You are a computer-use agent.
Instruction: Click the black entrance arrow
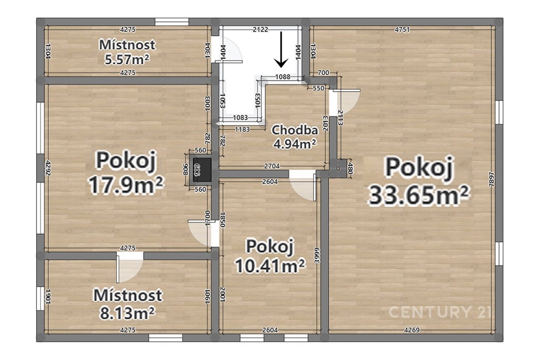(282, 49)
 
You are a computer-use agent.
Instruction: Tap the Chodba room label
(294, 130)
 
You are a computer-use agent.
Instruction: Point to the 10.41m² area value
(270, 265)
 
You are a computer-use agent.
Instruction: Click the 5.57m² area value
(127, 59)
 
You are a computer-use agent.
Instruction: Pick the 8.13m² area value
(128, 313)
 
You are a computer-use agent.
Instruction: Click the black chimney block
(202, 169)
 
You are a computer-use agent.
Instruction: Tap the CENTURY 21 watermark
(439, 312)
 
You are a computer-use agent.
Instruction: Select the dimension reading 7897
(492, 179)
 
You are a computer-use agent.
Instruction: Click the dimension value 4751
(402, 30)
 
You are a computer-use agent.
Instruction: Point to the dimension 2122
(261, 30)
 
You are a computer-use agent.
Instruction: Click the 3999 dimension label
(317, 255)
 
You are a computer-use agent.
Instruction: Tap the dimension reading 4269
(411, 330)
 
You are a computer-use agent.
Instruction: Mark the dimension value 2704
(272, 166)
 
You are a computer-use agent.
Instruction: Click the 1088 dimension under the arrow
(283, 77)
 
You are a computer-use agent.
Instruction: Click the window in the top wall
(172, 22)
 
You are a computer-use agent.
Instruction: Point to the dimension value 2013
(325, 125)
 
